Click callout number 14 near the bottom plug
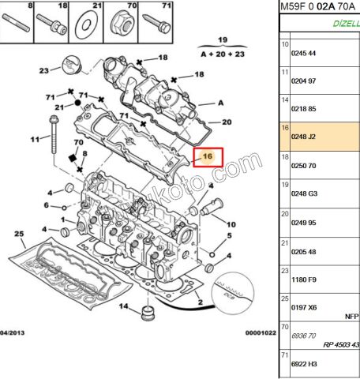coord(122,305)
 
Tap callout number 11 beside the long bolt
coord(35,140)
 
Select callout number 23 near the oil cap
coord(45,71)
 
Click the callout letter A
coord(220,103)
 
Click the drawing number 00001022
coord(260,333)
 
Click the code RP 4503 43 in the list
coord(340,345)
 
